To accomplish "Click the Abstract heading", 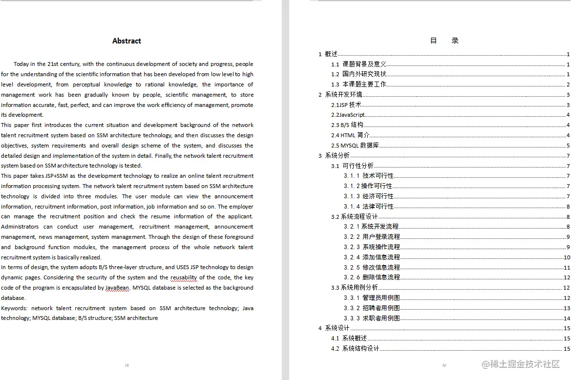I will coord(127,41).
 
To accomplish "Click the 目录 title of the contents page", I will coord(444,41).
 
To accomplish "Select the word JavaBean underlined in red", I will coord(117,288).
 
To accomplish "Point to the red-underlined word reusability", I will coord(184,277).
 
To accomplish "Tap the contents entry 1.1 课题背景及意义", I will coord(359,64).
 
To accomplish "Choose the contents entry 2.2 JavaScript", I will coord(348,115).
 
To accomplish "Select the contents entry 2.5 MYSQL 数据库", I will coord(355,146).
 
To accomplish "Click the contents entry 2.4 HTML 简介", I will coord(350,135).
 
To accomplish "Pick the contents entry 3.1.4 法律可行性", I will coord(368,207).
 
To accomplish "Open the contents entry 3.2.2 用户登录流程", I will coord(372,237).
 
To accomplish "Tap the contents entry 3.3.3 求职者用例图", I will coord(372,318).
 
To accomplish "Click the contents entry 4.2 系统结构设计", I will coord(355,349).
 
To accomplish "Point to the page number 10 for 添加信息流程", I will coord(567,257).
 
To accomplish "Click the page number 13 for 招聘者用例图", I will coord(567,308).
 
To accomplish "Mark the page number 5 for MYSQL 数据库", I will coord(568,146).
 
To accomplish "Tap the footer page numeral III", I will coord(127,365).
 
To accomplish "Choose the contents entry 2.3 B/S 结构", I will coord(347,125).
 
